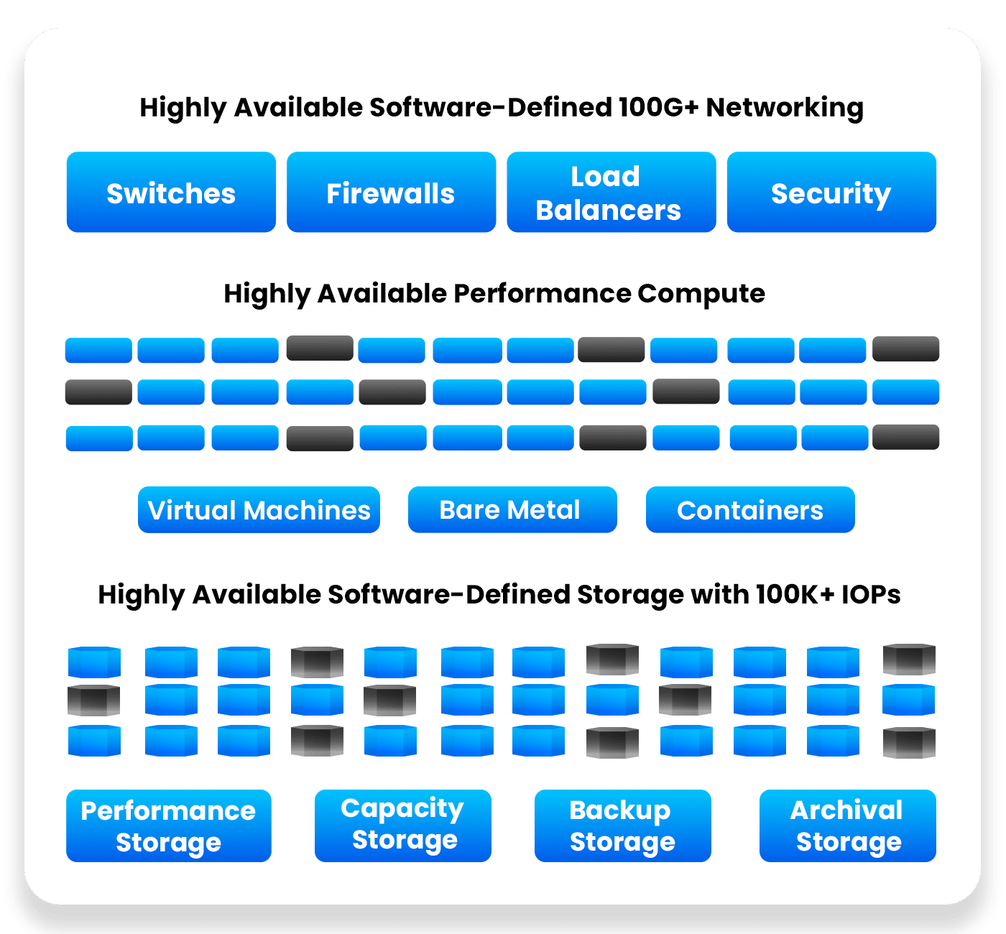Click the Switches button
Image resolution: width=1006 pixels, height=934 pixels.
(171, 193)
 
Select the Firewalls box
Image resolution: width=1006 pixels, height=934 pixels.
(391, 193)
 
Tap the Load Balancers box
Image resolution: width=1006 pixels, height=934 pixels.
(611, 193)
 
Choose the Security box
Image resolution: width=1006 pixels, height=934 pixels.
(831, 193)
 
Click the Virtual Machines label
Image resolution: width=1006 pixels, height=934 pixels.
(259, 510)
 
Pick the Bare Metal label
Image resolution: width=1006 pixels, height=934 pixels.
(512, 510)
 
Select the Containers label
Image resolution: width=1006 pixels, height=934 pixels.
(750, 510)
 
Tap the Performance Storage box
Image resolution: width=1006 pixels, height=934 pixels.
(168, 826)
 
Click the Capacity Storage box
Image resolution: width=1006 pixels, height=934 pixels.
(402, 826)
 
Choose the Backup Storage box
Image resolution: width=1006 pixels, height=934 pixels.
(622, 826)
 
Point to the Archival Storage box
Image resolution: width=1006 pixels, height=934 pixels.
(847, 826)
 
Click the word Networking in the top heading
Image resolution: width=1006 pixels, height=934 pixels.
(785, 108)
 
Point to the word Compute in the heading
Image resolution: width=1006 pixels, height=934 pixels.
(701, 294)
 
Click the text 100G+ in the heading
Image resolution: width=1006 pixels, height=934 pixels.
(658, 108)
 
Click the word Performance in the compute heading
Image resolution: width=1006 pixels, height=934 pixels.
(543, 294)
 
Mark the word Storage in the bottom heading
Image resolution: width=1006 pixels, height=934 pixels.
(631, 596)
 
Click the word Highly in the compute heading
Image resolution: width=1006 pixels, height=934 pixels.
(267, 295)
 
